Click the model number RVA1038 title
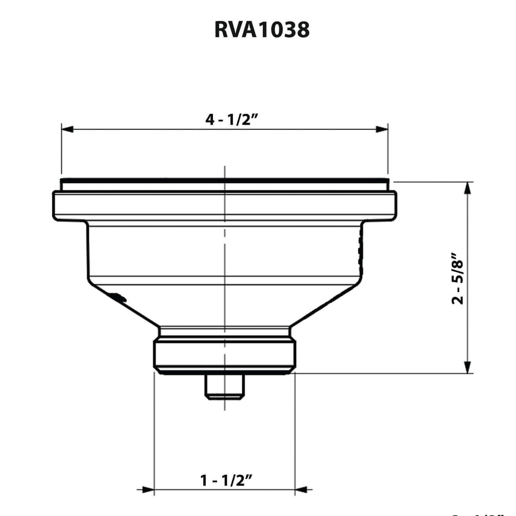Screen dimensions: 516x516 coord(262,30)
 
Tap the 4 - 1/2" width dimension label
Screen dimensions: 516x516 coord(232,120)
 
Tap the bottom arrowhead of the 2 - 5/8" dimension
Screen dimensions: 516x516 coord(468,367)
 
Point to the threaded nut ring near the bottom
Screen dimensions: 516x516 coord(224,355)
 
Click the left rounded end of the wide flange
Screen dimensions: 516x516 coord(56,206)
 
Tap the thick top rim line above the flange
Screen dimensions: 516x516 coord(224,181)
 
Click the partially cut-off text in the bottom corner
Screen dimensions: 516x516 coord(480,513)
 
